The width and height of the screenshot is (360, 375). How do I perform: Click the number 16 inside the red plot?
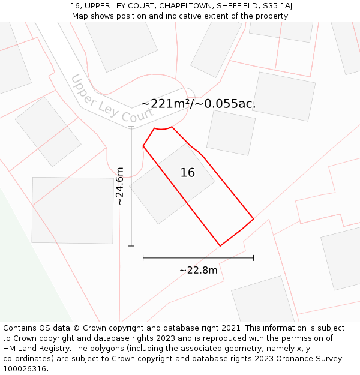(188, 173)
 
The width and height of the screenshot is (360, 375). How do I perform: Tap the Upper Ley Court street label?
(112, 100)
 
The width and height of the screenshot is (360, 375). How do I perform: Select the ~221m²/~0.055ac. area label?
(199, 104)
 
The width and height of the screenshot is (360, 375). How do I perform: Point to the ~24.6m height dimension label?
(120, 187)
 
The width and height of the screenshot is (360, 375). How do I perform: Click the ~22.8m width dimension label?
(198, 270)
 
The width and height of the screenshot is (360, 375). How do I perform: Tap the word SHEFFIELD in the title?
(231, 6)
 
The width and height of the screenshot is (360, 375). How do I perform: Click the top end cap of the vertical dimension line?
(131, 127)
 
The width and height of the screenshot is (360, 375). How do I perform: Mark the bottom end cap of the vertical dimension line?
(131, 246)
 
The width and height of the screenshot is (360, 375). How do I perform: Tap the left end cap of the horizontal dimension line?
(143, 258)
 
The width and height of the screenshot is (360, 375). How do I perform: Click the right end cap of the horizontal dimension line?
(254, 258)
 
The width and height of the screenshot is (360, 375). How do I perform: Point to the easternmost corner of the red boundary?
(254, 218)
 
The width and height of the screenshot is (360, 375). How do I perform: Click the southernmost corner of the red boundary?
(220, 246)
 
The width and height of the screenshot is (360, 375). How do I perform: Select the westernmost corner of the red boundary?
(143, 146)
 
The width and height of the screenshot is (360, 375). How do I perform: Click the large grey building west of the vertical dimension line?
(73, 210)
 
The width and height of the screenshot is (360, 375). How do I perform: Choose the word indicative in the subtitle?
(166, 16)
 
